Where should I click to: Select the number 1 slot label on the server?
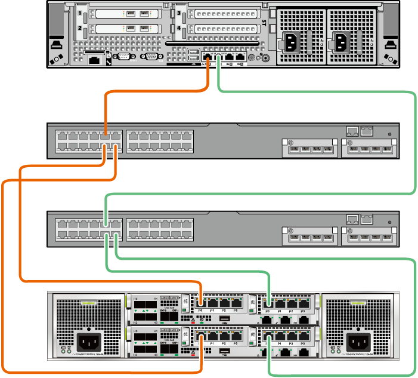coord(79,13)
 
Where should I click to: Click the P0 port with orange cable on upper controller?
coord(202,303)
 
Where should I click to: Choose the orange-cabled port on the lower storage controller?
coord(202,337)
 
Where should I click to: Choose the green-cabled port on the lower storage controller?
coord(270,337)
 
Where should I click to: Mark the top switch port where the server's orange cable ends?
coord(105,136)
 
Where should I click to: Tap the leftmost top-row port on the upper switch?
coord(61,136)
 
